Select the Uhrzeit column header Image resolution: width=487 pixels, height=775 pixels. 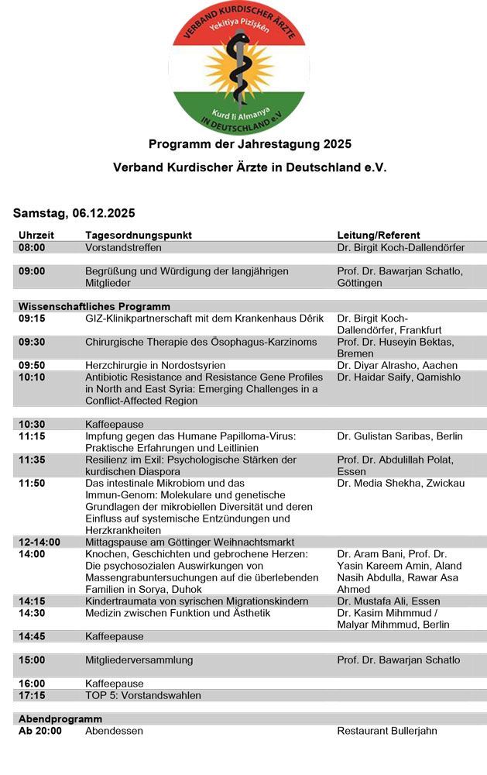click(36, 235)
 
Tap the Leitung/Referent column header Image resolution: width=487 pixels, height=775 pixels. click(379, 235)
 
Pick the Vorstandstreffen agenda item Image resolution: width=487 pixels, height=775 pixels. click(123, 248)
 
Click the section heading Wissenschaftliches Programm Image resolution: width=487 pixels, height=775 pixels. click(94, 306)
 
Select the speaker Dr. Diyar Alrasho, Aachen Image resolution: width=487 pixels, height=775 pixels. click(397, 365)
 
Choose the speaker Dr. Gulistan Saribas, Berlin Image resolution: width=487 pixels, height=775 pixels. click(400, 436)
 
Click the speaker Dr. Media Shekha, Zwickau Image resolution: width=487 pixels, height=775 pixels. click(401, 483)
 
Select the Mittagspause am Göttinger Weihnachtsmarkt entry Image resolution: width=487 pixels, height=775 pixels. click(189, 542)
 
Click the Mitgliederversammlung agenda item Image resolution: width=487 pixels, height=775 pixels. click(139, 660)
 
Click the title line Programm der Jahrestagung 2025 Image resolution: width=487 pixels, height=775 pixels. click(249, 144)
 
